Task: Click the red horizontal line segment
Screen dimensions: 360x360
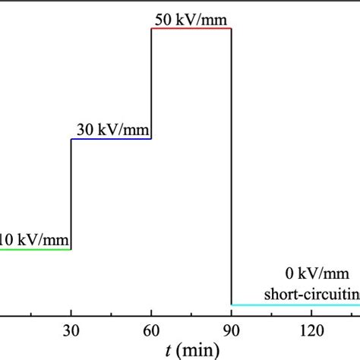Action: (x=191, y=29)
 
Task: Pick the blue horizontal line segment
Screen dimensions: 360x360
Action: (x=111, y=139)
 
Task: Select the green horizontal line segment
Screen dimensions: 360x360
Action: (x=35, y=249)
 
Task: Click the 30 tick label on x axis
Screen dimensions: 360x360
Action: (x=71, y=332)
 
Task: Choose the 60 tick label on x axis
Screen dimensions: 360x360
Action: (x=151, y=332)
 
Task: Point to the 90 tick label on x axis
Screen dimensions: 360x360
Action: (x=232, y=332)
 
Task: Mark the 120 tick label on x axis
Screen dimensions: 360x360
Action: (x=312, y=332)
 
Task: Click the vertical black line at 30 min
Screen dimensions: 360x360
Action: (x=71, y=194)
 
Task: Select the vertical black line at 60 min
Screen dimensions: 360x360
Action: (x=151, y=84)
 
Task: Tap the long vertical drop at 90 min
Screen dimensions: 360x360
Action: (x=231, y=167)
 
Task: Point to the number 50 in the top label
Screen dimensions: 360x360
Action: (x=163, y=20)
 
